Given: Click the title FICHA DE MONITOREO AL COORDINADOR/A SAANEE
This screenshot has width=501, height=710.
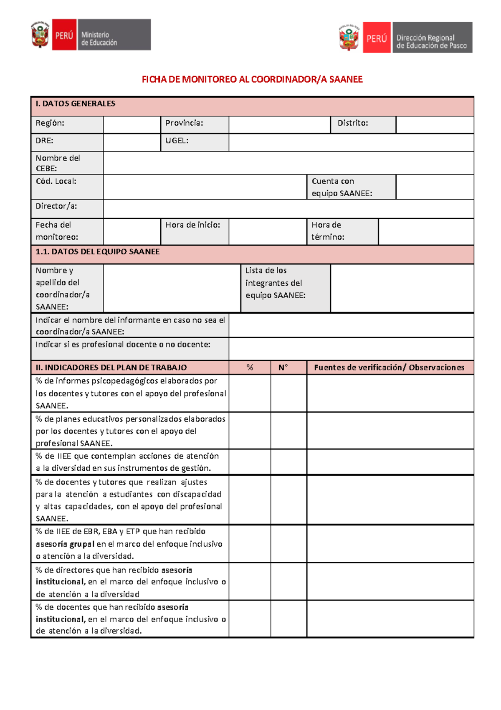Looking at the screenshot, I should (x=252, y=79).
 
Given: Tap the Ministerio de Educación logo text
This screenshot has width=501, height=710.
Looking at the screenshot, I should (x=99, y=38).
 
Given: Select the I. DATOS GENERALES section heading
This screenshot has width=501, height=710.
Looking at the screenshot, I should (x=76, y=104).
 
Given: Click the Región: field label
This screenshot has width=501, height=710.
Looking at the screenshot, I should (x=50, y=123).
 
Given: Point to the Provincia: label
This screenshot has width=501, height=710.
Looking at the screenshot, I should (x=184, y=123).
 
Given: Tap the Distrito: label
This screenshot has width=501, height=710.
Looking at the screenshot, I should (x=353, y=123).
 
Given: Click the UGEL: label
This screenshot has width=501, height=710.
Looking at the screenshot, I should (x=177, y=141).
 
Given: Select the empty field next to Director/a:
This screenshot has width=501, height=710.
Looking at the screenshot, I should (x=288, y=208).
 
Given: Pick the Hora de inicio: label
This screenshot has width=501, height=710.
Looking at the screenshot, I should (x=192, y=225).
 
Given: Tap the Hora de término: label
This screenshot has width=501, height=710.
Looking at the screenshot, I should (x=328, y=231).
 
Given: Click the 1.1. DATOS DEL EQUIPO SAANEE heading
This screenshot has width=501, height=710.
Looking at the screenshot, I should (x=98, y=252).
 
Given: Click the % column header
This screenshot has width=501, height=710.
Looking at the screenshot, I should (x=250, y=368).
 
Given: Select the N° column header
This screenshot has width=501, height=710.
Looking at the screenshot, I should (x=283, y=368).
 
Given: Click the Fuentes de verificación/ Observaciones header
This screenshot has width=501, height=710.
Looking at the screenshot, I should (x=389, y=368).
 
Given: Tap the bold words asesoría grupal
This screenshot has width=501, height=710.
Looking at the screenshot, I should (x=65, y=544).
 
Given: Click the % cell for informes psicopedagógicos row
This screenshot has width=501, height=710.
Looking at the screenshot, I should (x=250, y=393).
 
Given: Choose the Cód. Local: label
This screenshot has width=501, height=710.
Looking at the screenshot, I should (x=56, y=182).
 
